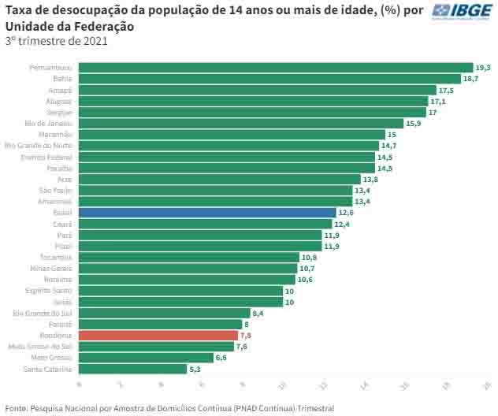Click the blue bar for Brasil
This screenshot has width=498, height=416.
(206, 213)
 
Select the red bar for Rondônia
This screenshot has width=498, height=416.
(158, 336)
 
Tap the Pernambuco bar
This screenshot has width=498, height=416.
(275, 68)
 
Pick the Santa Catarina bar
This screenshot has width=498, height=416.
(132, 369)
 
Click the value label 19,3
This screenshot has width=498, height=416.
(482, 68)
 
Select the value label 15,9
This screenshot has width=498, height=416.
(414, 124)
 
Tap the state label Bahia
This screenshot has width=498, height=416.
(62, 79)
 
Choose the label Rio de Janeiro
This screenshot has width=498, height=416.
(49, 124)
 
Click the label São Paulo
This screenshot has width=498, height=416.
(56, 191)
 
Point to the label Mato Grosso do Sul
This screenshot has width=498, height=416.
(40, 347)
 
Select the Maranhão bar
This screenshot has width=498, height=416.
(232, 135)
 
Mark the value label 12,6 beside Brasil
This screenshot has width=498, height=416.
(346, 213)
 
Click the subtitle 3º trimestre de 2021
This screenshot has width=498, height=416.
(57, 41)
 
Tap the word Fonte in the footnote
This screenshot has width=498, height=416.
(15, 408)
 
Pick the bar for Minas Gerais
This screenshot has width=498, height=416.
(188, 269)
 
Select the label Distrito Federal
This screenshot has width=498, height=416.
(46, 157)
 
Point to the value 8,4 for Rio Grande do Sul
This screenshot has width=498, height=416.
(258, 314)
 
